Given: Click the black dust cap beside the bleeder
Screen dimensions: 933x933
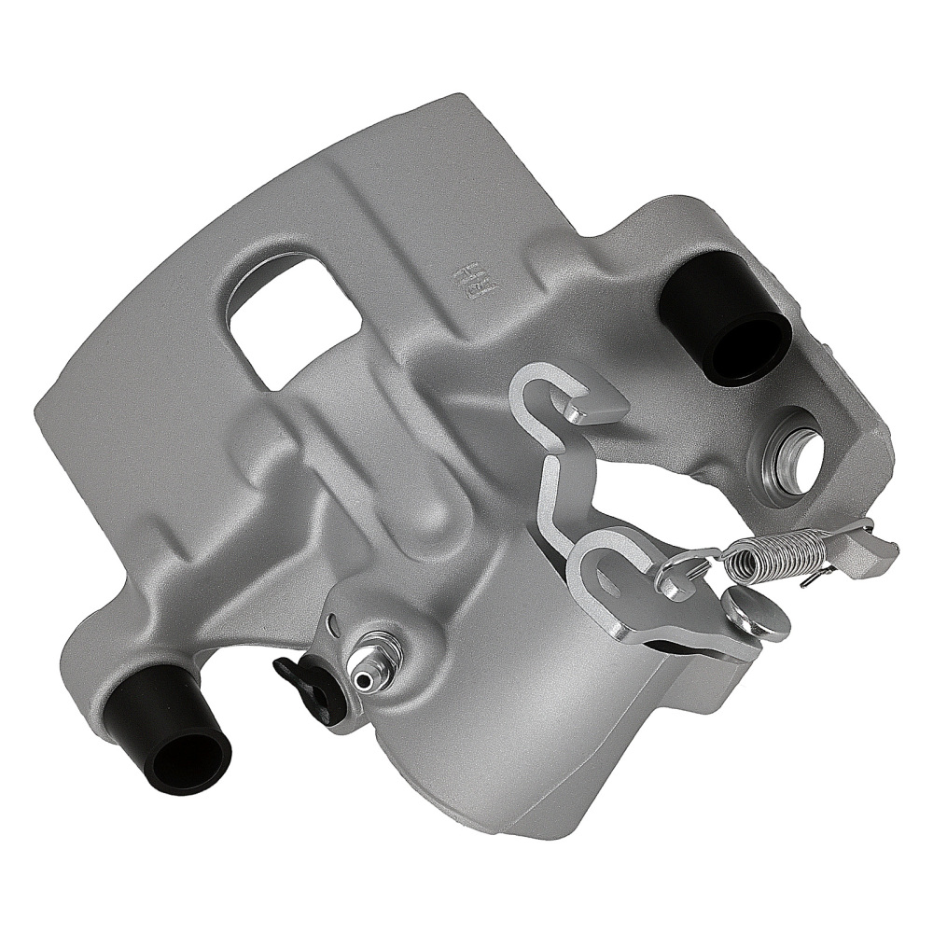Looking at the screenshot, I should [308, 686].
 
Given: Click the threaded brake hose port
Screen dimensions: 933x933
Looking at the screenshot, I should [792, 452].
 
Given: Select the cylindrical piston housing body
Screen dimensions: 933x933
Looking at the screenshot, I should [522, 709].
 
